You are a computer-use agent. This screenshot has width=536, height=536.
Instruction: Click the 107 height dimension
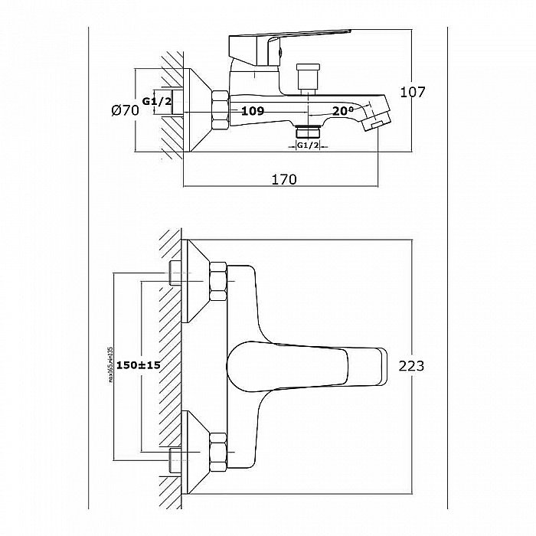pyautogui.click(x=413, y=92)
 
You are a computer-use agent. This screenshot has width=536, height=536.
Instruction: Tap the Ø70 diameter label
pyautogui.click(x=124, y=111)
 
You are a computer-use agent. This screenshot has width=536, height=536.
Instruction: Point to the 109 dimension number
pyautogui.click(x=253, y=111)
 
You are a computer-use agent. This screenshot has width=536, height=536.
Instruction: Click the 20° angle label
pyautogui.click(x=342, y=110)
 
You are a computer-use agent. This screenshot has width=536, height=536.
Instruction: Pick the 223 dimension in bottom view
pyautogui.click(x=411, y=365)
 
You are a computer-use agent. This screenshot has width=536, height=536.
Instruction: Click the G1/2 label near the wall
pyautogui.click(x=158, y=100)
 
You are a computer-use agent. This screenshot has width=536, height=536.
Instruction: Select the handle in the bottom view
pyautogui.click(x=306, y=364)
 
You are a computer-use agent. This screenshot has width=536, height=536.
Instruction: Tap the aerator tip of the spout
pyautogui.click(x=377, y=120)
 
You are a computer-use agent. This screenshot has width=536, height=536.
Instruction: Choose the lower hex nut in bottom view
pyautogui.click(x=219, y=450)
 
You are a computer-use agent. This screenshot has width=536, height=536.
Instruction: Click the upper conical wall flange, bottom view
pyautogui.click(x=196, y=279)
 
